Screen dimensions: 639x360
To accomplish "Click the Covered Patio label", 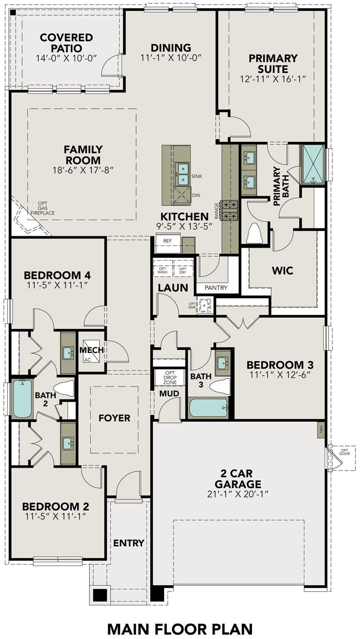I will pyautogui.click(x=66, y=43).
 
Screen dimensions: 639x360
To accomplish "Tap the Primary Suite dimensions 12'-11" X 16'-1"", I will pyautogui.click(x=273, y=79).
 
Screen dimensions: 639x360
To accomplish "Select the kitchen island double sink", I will pyautogui.click(x=183, y=174).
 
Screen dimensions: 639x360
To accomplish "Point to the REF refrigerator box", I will pyautogui.click(x=167, y=241).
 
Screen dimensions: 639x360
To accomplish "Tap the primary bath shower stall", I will pyautogui.click(x=313, y=163).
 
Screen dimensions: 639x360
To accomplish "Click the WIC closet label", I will pyautogui.click(x=282, y=271).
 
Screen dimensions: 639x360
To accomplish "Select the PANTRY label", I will pyautogui.click(x=216, y=287).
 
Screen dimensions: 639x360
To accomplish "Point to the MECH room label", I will pyautogui.click(x=92, y=350).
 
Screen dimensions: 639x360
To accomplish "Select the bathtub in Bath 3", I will pyautogui.click(x=209, y=408).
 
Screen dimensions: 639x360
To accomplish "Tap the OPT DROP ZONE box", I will pyautogui.click(x=170, y=377).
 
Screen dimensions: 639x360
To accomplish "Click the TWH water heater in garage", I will pyautogui.click(x=320, y=428).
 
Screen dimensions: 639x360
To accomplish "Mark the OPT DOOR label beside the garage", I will pyautogui.click(x=344, y=452).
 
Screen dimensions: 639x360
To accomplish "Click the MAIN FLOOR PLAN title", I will pyautogui.click(x=180, y=629).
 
